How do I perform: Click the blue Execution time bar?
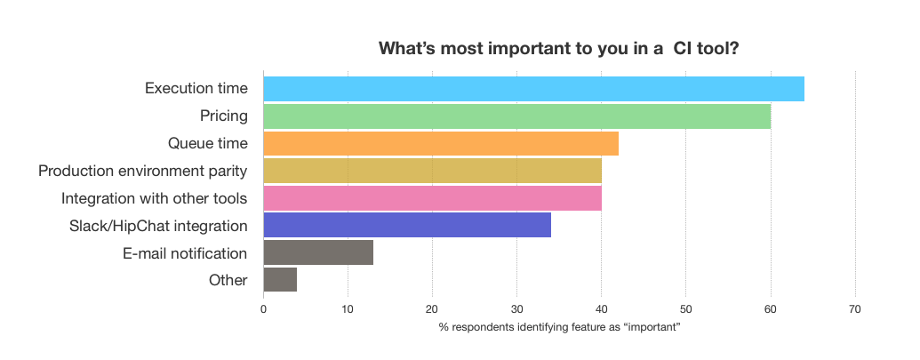tap(533, 89)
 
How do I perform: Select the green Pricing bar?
tap(516, 116)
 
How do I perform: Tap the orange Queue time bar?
tap(441, 143)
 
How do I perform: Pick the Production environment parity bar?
tap(432, 171)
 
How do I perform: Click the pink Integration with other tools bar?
tap(432, 198)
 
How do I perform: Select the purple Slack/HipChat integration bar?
tap(407, 226)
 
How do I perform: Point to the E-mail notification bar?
tap(318, 252)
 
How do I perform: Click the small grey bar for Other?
tap(280, 280)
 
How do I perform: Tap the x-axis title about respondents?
tap(559, 328)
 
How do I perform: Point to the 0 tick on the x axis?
tap(263, 309)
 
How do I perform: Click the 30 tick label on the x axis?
tap(516, 309)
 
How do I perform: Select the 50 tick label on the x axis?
tap(685, 309)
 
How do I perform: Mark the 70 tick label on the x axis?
tap(854, 309)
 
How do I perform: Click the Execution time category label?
tap(196, 89)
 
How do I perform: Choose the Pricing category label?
tap(223, 116)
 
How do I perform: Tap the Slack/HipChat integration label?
tap(158, 225)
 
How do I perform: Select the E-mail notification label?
tap(185, 252)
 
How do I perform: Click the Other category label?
tap(228, 280)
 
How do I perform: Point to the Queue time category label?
tap(207, 143)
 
